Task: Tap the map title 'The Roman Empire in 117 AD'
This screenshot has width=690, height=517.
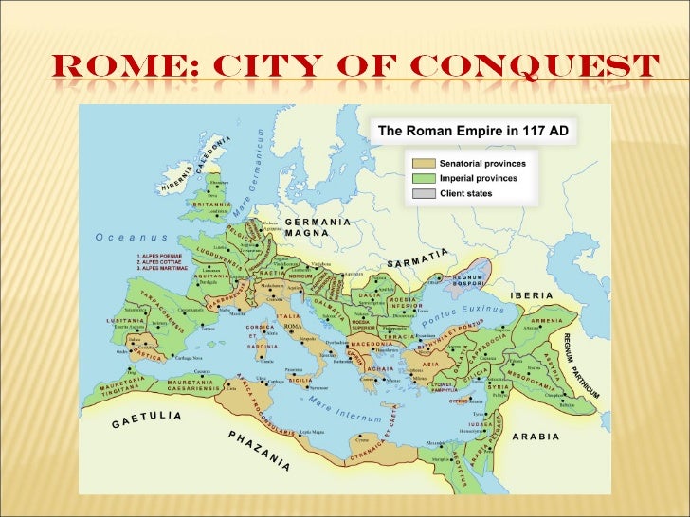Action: (473, 131)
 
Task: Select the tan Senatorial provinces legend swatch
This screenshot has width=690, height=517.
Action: (423, 164)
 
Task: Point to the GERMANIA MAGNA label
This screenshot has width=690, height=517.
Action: (318, 227)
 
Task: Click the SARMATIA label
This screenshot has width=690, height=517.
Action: (417, 257)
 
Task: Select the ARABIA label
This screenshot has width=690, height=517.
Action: (536, 437)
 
